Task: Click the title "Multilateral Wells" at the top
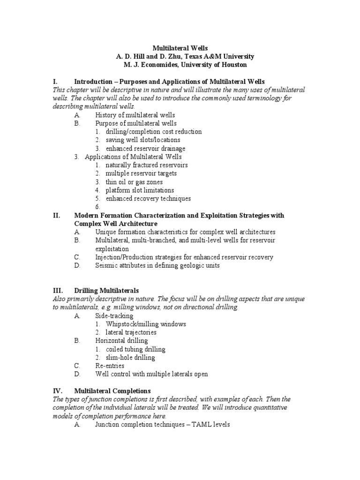[x=180, y=48]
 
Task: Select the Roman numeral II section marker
[x=57, y=216]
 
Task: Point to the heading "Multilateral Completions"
[x=112, y=390]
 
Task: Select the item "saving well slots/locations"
[x=142, y=140]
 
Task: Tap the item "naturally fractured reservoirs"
[x=146, y=165]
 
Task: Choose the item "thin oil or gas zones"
[x=134, y=182]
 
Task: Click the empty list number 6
[x=97, y=207]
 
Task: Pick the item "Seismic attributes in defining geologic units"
[x=157, y=265]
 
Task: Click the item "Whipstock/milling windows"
[x=146, y=324]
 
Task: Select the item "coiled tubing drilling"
[x=135, y=349]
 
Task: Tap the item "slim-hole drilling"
[x=130, y=358]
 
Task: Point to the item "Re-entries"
[x=110, y=366]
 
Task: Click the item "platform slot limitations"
[x=140, y=190]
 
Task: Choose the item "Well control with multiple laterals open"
[x=151, y=374]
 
